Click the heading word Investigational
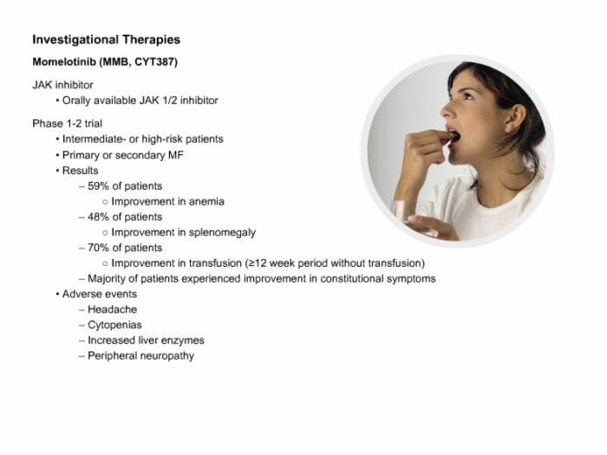point(75,40)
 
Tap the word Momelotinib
point(64,62)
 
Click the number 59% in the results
point(98,186)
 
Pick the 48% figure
point(98,217)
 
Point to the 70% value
point(98,248)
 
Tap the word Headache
point(112,309)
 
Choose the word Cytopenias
point(114,325)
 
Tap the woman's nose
point(448,109)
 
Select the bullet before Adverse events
point(57,295)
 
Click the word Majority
point(107,279)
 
